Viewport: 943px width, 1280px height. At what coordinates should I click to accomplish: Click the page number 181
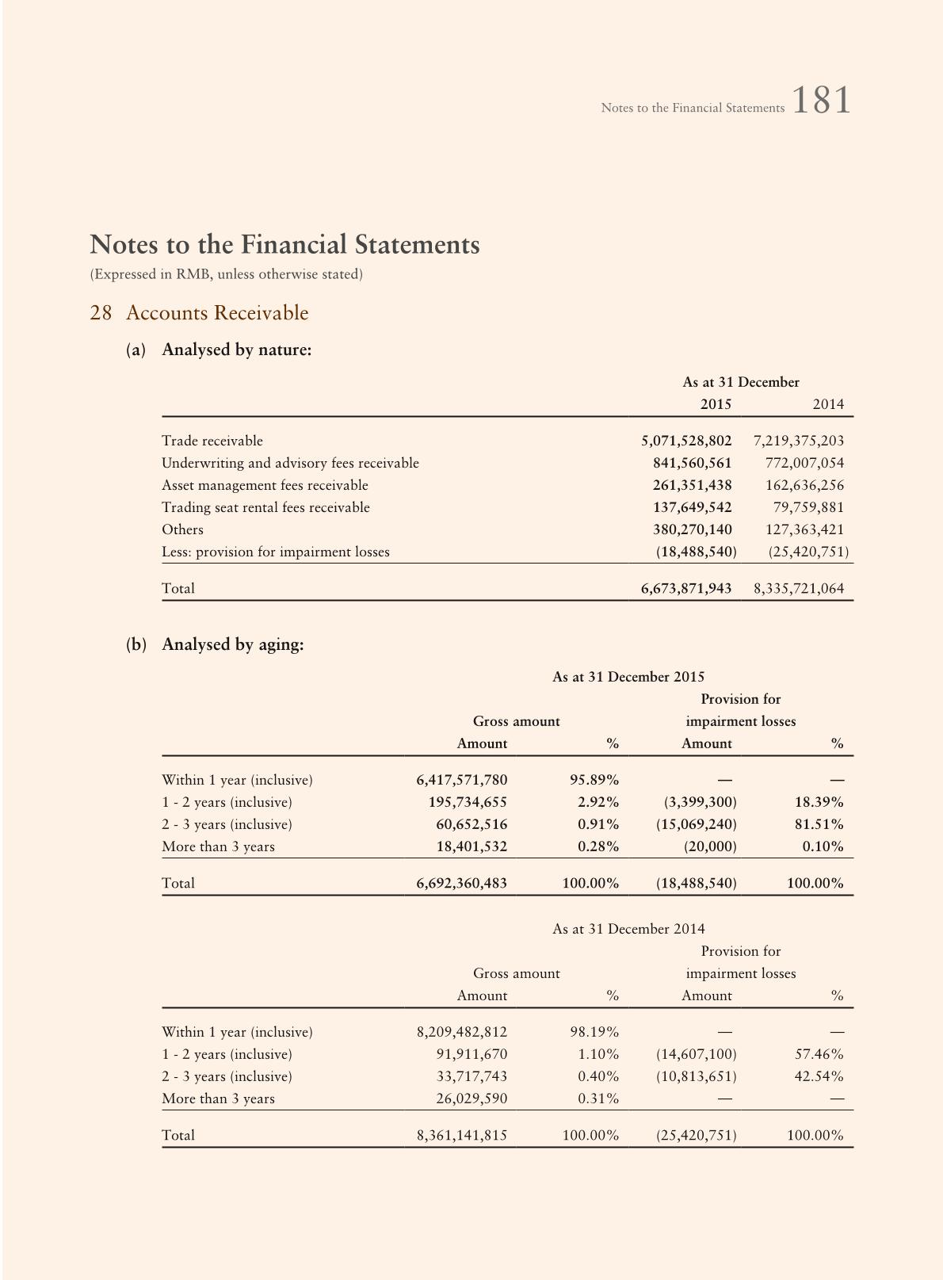tap(821, 101)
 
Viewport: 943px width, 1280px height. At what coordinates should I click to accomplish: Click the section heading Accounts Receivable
tap(216, 313)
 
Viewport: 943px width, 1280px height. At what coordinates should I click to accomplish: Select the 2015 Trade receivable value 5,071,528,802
tap(686, 441)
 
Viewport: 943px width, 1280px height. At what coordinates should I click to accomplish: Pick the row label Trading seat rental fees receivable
tap(265, 507)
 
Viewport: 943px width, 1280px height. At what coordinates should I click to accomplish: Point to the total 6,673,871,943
tap(686, 588)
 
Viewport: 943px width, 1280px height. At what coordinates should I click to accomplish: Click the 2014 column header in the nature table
tap(828, 404)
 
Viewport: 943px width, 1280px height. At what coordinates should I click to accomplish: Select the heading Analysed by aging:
tap(232, 644)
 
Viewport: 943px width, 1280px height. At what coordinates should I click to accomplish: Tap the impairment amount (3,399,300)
tap(700, 802)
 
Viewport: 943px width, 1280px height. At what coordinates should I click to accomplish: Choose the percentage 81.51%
tap(819, 824)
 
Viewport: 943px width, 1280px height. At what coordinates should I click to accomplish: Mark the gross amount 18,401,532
tap(471, 846)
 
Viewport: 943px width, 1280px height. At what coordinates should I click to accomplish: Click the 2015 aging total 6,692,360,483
tap(461, 883)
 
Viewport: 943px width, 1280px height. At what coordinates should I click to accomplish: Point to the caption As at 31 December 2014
tap(628, 929)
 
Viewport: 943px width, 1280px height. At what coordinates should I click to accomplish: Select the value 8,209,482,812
tap(461, 1032)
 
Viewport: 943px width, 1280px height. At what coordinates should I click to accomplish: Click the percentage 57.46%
tap(819, 1054)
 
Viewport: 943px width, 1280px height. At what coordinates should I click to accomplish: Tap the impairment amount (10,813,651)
tap(696, 1076)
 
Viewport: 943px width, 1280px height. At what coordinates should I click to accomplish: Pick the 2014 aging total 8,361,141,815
tap(461, 1135)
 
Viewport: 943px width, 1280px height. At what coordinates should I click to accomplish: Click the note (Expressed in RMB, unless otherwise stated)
tap(226, 274)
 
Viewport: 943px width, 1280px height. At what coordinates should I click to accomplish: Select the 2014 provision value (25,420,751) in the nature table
tap(808, 552)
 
